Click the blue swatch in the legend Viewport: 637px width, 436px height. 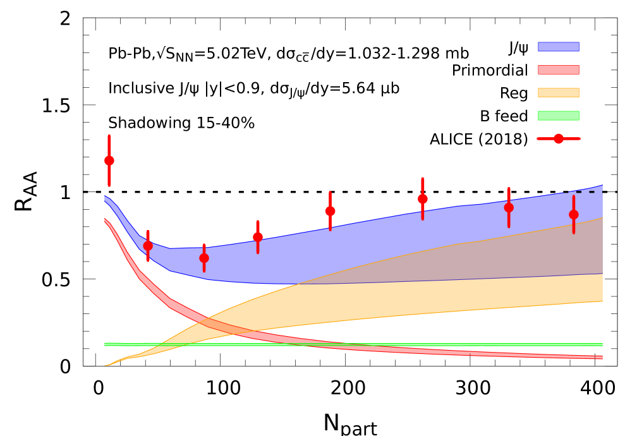coord(558,47)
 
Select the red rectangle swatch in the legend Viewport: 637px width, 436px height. coord(558,70)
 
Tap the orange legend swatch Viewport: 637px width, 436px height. coord(558,93)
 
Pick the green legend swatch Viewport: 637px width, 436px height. coord(558,116)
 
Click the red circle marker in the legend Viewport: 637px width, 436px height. coord(559,138)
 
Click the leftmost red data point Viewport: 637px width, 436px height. coord(109,160)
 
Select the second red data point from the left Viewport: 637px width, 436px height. coord(148,246)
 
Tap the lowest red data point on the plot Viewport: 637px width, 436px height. coord(204,258)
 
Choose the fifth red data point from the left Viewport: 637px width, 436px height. coord(330,211)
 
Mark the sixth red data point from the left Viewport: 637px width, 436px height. coord(423,198)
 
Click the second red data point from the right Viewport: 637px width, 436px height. coord(509,207)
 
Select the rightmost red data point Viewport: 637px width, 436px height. coord(574,214)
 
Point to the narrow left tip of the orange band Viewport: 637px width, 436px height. coord(107,365)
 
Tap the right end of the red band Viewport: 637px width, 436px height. coord(600,358)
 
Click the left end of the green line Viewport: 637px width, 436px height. coord(106,344)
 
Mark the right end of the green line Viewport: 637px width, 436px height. coord(601,344)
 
